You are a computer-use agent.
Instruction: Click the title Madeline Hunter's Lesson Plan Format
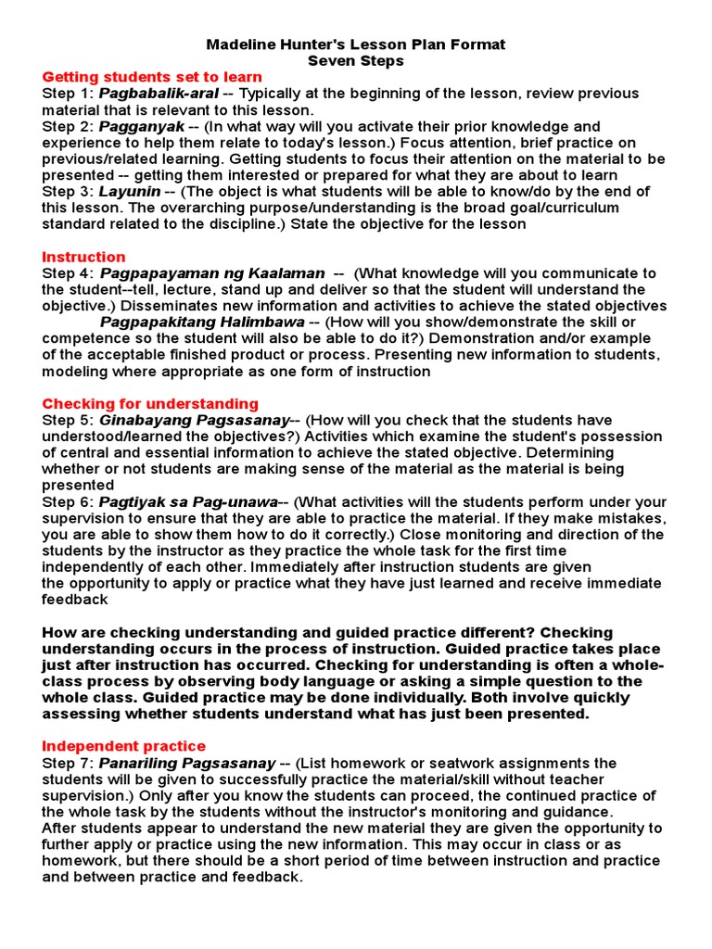(356, 44)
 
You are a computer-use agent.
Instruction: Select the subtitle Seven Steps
(356, 60)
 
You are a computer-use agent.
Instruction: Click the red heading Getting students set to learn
(152, 77)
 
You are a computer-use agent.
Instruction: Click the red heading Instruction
(83, 257)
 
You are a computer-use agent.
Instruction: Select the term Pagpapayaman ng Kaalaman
(212, 273)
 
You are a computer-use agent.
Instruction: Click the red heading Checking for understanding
(150, 404)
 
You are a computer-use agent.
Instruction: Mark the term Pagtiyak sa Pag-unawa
(188, 501)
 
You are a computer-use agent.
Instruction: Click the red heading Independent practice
(124, 746)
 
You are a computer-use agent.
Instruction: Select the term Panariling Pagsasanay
(187, 763)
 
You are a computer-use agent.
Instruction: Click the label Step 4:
(68, 273)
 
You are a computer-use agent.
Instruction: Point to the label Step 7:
(68, 763)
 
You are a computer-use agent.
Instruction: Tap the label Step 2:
(68, 126)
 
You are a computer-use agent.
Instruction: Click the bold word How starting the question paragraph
(58, 632)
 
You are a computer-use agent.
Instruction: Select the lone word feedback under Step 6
(75, 600)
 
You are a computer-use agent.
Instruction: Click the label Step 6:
(68, 501)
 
